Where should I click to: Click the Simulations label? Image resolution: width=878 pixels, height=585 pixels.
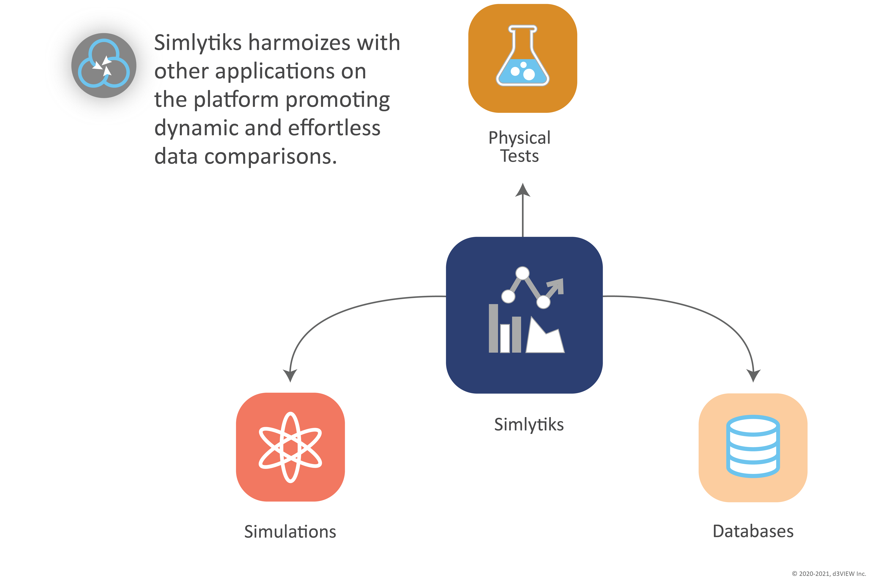coord(290,532)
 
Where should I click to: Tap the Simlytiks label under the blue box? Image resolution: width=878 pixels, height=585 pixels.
coord(529,425)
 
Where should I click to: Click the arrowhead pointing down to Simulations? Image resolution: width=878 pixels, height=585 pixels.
coord(290,375)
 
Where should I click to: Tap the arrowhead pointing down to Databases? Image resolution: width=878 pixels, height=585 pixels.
coord(753,375)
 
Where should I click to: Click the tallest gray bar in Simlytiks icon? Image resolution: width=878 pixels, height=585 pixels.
coord(493,328)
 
